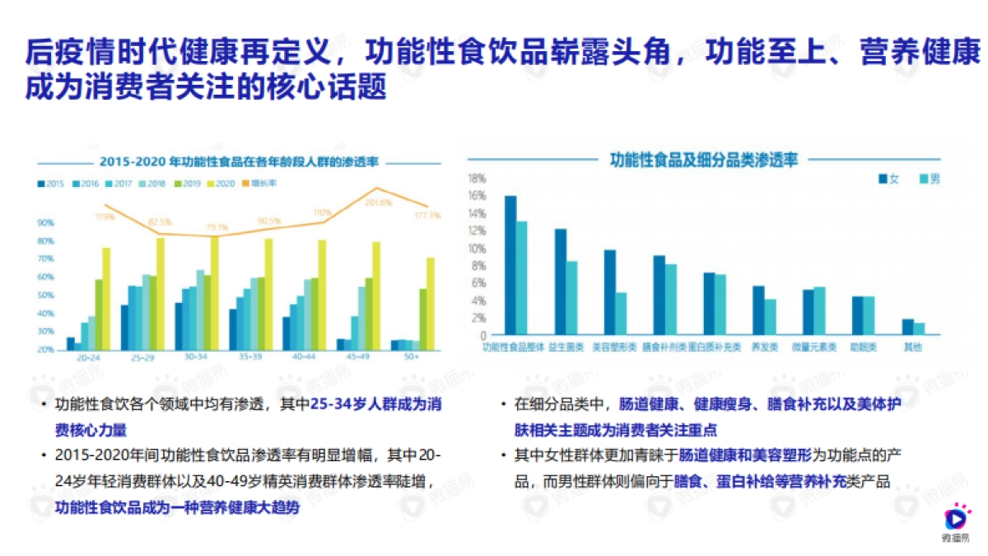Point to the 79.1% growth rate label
click(x=217, y=227)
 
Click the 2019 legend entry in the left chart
click(x=189, y=183)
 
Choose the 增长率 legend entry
click(x=262, y=183)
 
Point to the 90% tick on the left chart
click(x=45, y=222)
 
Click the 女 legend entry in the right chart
click(x=888, y=179)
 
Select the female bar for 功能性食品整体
click(x=510, y=265)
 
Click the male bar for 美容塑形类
click(x=621, y=314)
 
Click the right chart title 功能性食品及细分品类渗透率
click(x=703, y=159)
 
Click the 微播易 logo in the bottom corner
click(x=956, y=523)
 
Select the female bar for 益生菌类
click(x=560, y=282)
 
